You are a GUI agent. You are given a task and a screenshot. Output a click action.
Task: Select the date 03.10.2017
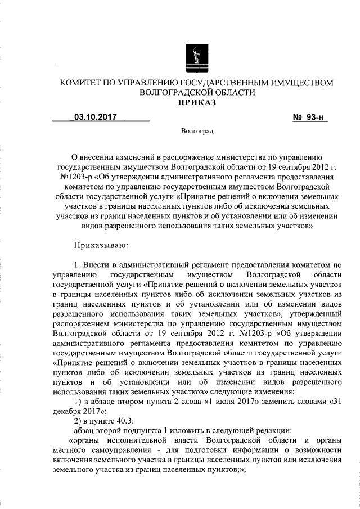tap(93, 118)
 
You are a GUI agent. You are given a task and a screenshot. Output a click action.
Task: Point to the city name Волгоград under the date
tap(197, 131)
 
